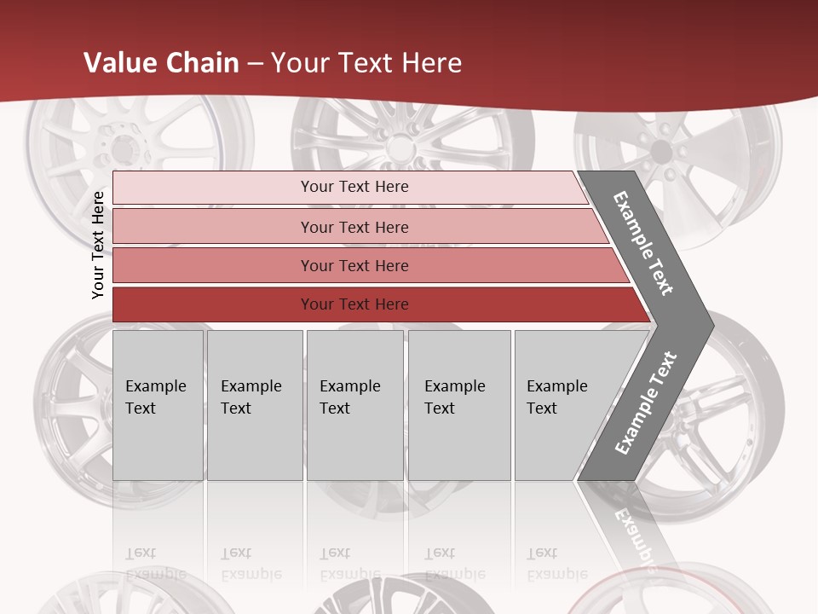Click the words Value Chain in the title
(161, 63)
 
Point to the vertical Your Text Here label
(98, 245)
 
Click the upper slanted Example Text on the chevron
(643, 243)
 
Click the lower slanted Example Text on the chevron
(646, 403)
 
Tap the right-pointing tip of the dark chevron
(709, 325)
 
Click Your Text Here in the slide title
(366, 63)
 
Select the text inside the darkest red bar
(354, 304)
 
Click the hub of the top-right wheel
(660, 152)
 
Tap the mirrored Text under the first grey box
(141, 553)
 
